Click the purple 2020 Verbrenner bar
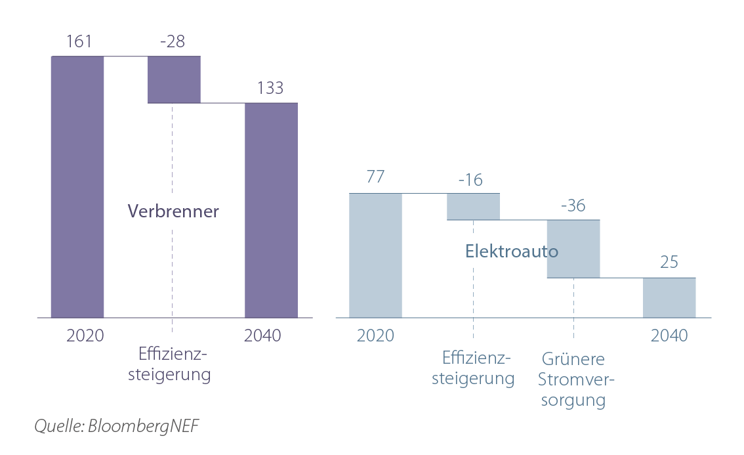coord(77,186)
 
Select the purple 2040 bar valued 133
coord(271,210)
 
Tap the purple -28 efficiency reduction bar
coord(174,79)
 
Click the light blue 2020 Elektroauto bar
coord(375,255)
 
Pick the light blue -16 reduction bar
coord(473,206)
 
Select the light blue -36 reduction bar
coord(573,248)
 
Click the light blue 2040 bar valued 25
coord(669,297)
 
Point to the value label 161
coord(79,42)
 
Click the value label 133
coord(270,88)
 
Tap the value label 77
coord(375,177)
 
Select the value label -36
coord(573,205)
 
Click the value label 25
coord(669,263)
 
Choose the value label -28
coord(173,42)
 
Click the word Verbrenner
coord(173,211)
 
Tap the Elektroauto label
coord(512,251)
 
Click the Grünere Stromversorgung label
coord(573,379)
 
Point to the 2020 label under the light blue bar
coord(375,336)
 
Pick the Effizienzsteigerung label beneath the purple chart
coord(173,364)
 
